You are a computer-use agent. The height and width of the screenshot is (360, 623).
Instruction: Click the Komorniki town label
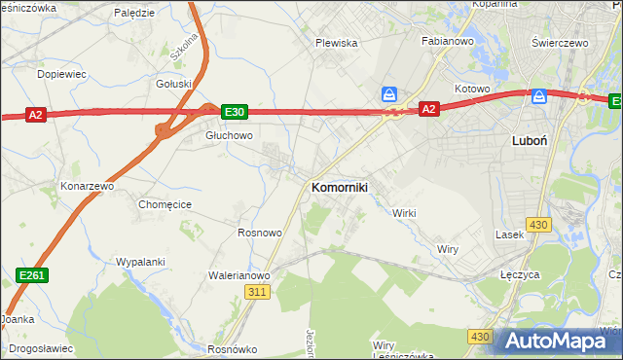(x=339, y=188)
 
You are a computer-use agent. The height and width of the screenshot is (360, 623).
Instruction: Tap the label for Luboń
(x=529, y=140)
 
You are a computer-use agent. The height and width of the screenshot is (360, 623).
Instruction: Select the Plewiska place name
(x=337, y=43)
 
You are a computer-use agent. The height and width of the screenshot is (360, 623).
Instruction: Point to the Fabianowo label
(x=447, y=41)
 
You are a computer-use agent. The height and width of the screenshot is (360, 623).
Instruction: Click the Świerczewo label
(x=563, y=43)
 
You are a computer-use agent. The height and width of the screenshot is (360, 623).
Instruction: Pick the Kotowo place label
(x=471, y=89)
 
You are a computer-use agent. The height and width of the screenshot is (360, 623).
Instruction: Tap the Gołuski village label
(x=174, y=84)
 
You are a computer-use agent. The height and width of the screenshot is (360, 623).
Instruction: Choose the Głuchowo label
(x=229, y=136)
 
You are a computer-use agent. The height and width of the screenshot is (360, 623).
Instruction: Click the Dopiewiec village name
(x=60, y=74)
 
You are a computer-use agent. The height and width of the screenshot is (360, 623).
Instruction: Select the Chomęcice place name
(x=165, y=204)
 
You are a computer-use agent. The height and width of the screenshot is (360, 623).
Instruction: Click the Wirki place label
(x=404, y=213)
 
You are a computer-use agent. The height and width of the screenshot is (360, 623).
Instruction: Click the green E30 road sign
(x=234, y=112)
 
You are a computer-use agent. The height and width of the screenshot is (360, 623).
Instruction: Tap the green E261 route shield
(x=32, y=277)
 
